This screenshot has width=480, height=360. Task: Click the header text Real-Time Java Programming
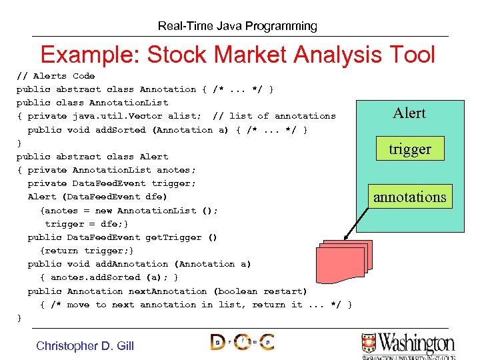point(237,26)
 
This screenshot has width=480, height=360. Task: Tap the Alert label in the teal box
point(409,113)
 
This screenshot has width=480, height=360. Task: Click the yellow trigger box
point(410,149)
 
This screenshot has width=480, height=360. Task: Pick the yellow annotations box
point(409,197)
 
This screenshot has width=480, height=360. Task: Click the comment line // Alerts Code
point(55,76)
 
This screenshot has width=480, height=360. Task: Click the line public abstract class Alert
point(92,157)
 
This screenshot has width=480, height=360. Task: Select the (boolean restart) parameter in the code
point(260,291)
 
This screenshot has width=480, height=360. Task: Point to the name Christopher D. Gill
point(85,345)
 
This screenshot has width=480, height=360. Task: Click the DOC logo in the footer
point(241,343)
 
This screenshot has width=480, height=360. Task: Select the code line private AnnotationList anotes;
point(112,170)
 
